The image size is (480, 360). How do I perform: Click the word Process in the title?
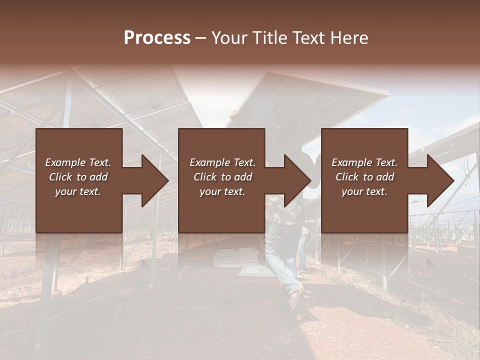tap(157, 38)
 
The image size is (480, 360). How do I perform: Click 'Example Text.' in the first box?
tap(78, 162)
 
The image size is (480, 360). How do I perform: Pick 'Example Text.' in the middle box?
tap(222, 162)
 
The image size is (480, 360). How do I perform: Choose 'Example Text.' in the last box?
tap(364, 162)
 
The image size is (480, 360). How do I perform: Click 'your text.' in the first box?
tap(78, 191)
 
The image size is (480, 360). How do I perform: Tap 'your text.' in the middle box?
tap(222, 191)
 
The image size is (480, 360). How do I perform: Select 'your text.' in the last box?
tap(364, 191)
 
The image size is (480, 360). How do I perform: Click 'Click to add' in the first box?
tap(78, 177)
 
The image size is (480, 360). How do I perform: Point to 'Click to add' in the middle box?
tap(222, 177)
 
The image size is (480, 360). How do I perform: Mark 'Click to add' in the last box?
tap(364, 177)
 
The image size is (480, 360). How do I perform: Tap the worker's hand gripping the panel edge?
tap(231, 113)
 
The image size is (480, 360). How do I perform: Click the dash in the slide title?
tap(201, 38)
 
